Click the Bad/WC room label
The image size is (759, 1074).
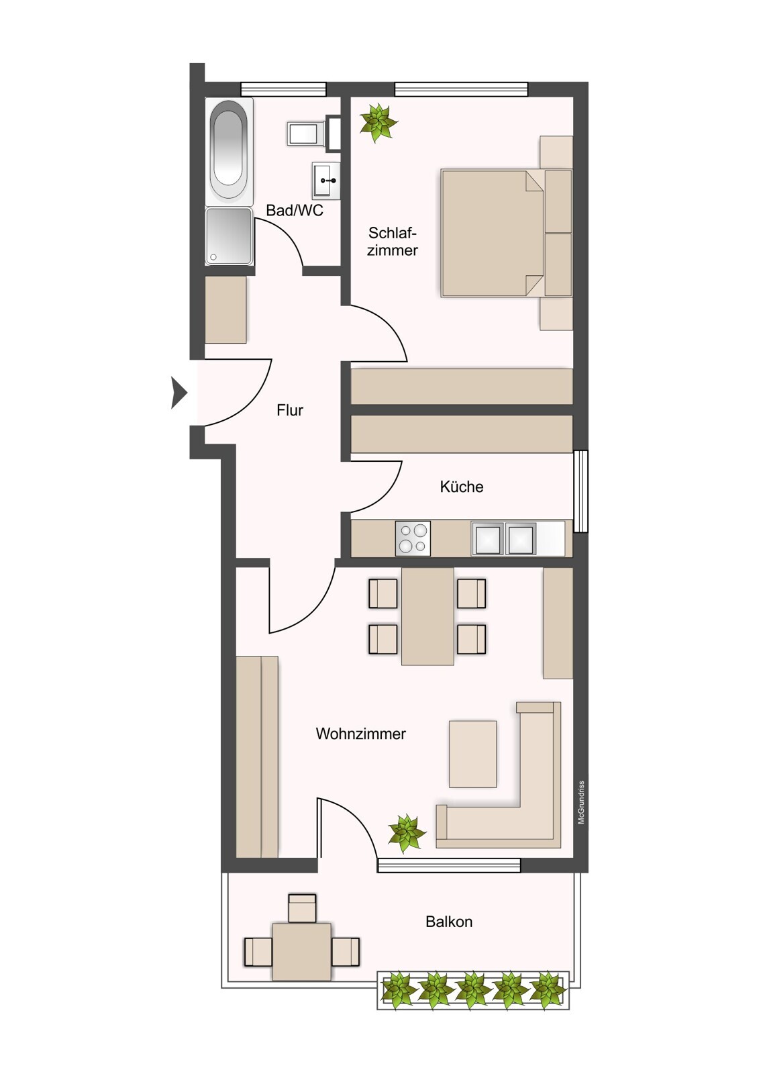pyautogui.click(x=294, y=210)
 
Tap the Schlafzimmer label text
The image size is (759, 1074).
pyautogui.click(x=393, y=242)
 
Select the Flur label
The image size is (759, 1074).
pyautogui.click(x=290, y=410)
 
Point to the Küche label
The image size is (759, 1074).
pyautogui.click(x=461, y=487)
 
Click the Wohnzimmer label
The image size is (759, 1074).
pyautogui.click(x=360, y=734)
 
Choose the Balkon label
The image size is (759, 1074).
pyautogui.click(x=449, y=922)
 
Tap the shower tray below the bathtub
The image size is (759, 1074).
pyautogui.click(x=229, y=236)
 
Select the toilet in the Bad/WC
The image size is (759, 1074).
pyautogui.click(x=305, y=133)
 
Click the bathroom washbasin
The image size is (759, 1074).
pyautogui.click(x=326, y=179)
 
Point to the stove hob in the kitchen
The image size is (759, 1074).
pyautogui.click(x=413, y=538)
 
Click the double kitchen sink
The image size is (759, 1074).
pyautogui.click(x=504, y=539)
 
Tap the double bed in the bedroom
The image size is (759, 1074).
pyautogui.click(x=493, y=233)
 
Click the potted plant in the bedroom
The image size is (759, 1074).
pyautogui.click(x=378, y=122)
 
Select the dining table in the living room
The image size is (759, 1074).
pyautogui.click(x=427, y=616)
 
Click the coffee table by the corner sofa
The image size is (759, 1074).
pyautogui.click(x=473, y=754)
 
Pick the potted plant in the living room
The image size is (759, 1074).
pyautogui.click(x=407, y=833)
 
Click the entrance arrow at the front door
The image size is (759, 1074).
pyautogui.click(x=179, y=393)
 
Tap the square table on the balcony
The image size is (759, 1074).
pyautogui.click(x=301, y=951)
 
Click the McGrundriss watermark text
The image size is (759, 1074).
pyautogui.click(x=582, y=802)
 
